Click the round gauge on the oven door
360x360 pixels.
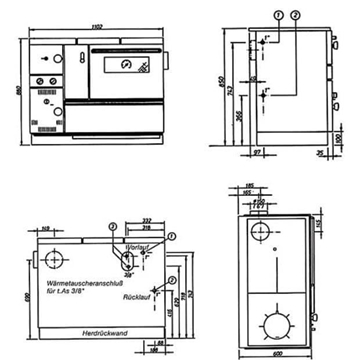pyautogui.click(x=124, y=66)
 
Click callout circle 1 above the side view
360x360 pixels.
pyautogui.click(x=276, y=17)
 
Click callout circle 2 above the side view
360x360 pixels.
pyautogui.click(x=294, y=17)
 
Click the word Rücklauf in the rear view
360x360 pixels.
pyautogui.click(x=136, y=297)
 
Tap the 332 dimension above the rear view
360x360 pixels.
pyautogui.click(x=147, y=219)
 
